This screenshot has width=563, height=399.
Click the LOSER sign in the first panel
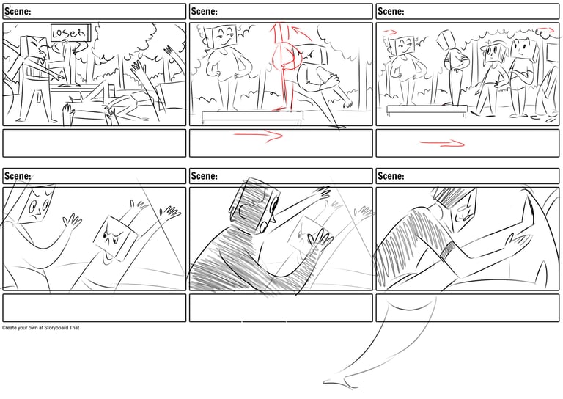point(70,33)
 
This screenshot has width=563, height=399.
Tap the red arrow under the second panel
point(259,136)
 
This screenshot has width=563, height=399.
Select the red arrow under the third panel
point(442,144)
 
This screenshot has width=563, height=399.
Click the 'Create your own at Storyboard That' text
point(40,328)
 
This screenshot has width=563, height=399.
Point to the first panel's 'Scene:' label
point(18,12)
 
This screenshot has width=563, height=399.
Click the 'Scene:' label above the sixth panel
point(391,176)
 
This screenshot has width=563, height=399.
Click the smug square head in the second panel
point(224,35)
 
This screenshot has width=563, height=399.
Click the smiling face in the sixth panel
point(463,211)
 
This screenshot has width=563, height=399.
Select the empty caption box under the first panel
point(95,143)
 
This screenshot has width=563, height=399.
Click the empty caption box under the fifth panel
point(281,308)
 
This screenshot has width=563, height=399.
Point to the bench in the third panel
point(427,109)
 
